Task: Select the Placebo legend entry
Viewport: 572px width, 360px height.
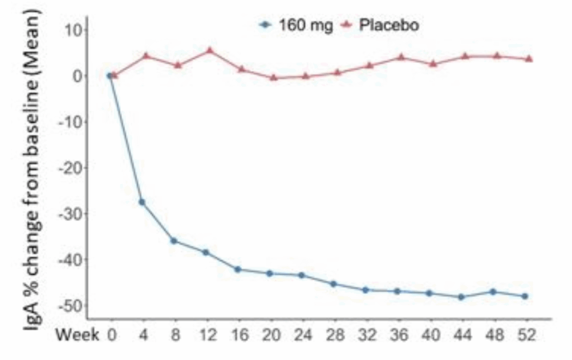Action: (379, 26)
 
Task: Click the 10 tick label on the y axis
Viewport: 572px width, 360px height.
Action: (73, 30)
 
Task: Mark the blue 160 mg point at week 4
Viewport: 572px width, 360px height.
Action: (142, 202)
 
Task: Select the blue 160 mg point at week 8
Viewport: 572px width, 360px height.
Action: (174, 241)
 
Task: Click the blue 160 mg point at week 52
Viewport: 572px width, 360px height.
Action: (525, 296)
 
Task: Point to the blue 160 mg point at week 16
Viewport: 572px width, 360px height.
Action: (237, 269)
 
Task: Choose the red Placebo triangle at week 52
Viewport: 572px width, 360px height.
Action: (529, 59)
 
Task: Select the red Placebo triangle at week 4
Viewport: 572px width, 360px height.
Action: (146, 56)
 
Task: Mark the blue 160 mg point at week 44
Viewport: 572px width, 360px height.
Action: (461, 297)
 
